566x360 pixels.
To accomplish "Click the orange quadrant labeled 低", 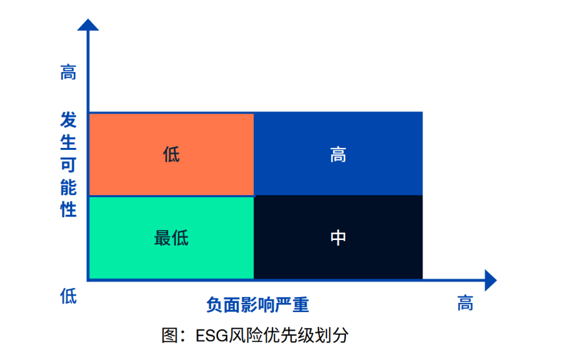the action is [x=171, y=154].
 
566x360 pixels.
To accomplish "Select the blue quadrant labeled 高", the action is [x=338, y=154].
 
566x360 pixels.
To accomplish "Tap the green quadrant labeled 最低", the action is [x=171, y=237].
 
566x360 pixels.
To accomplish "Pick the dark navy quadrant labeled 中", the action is [x=338, y=237].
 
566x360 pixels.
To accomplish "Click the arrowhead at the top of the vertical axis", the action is [x=88, y=25].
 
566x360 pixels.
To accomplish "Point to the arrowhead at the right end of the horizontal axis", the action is [x=491, y=280].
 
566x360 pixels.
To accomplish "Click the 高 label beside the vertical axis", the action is [x=68, y=72].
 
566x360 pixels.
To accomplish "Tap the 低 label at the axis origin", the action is [x=68, y=296].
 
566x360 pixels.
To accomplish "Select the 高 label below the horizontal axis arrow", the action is [x=465, y=303].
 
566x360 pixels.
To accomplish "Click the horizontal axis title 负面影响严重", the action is [x=258, y=305].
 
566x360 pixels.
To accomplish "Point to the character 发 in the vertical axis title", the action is [x=68, y=120].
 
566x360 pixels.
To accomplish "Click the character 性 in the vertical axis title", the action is [x=68, y=210].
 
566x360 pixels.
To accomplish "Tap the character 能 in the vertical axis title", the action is [x=68, y=187].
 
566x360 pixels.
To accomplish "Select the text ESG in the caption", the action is [x=212, y=336].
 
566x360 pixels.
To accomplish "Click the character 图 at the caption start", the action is [x=169, y=335].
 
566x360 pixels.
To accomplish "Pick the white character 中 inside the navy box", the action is [x=338, y=237].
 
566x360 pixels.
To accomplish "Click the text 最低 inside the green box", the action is [x=171, y=238].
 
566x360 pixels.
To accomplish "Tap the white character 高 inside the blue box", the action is [x=338, y=155].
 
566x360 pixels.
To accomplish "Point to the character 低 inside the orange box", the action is [x=171, y=155].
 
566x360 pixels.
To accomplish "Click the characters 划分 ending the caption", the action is [x=332, y=335].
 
